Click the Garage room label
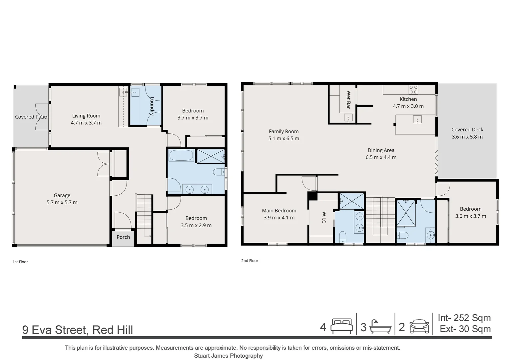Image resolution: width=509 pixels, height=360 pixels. click(62, 195)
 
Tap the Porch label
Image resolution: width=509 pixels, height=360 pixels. click(123, 237)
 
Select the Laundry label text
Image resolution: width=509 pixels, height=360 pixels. click(152, 106)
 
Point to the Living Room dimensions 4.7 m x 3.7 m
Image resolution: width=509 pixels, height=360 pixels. click(86, 123)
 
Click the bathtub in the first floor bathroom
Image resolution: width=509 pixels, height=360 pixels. click(181, 155)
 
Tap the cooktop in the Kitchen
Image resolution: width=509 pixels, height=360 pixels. click(413, 90)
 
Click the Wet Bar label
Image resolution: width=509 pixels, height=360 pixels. click(348, 100)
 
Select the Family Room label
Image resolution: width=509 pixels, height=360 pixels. click(283, 131)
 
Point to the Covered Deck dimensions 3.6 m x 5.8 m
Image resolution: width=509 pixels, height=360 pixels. click(467, 137)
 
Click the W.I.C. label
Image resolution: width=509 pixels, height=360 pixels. click(324, 218)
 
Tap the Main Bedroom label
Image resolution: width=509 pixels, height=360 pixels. click(279, 211)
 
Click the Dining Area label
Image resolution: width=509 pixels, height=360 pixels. click(381, 150)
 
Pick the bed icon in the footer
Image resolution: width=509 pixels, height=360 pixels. click(341, 326)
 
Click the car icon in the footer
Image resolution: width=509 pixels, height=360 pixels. click(419, 326)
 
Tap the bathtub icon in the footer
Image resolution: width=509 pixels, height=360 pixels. click(380, 327)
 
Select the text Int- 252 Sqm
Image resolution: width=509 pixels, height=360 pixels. click(464, 318)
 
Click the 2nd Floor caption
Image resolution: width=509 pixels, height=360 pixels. click(250, 261)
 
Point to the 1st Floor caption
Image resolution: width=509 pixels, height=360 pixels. click(20, 262)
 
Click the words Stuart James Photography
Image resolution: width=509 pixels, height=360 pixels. click(229, 356)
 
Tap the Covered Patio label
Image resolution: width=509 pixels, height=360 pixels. click(31, 117)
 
